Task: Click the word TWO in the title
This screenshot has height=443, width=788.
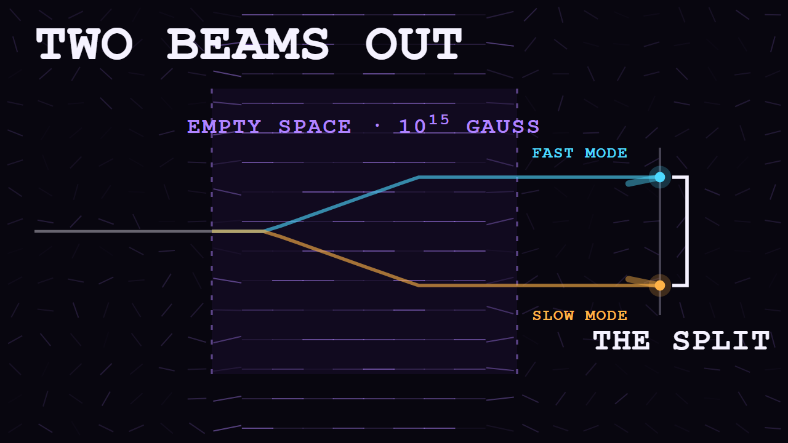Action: [x=84, y=44]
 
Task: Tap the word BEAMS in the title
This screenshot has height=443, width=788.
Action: [x=248, y=44]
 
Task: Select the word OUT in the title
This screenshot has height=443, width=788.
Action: [x=413, y=44]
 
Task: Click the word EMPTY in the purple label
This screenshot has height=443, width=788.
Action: [x=224, y=127]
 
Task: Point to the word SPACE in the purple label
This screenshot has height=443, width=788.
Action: [x=315, y=127]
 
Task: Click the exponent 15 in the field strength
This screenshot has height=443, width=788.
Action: [x=439, y=120]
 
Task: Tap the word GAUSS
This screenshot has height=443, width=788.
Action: [x=503, y=127]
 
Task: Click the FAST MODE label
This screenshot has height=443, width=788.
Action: [x=579, y=153]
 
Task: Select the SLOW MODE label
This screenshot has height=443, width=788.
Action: [x=579, y=316]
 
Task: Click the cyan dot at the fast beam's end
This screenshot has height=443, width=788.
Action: [x=660, y=177]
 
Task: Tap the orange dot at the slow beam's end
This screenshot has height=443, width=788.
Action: [x=660, y=285]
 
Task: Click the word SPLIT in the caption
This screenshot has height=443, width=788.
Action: [x=721, y=341]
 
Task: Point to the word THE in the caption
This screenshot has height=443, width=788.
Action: [x=621, y=341]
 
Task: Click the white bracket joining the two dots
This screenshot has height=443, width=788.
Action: [x=688, y=231]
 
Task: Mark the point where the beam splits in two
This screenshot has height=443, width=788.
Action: [x=264, y=231]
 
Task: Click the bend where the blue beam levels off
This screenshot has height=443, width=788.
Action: [x=419, y=177]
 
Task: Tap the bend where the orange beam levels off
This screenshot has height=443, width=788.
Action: [x=419, y=285]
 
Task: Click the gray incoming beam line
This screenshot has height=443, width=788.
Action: [x=123, y=231]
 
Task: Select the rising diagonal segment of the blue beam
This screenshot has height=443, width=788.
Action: [x=341, y=204]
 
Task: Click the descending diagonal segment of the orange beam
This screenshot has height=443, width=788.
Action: [x=341, y=258]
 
